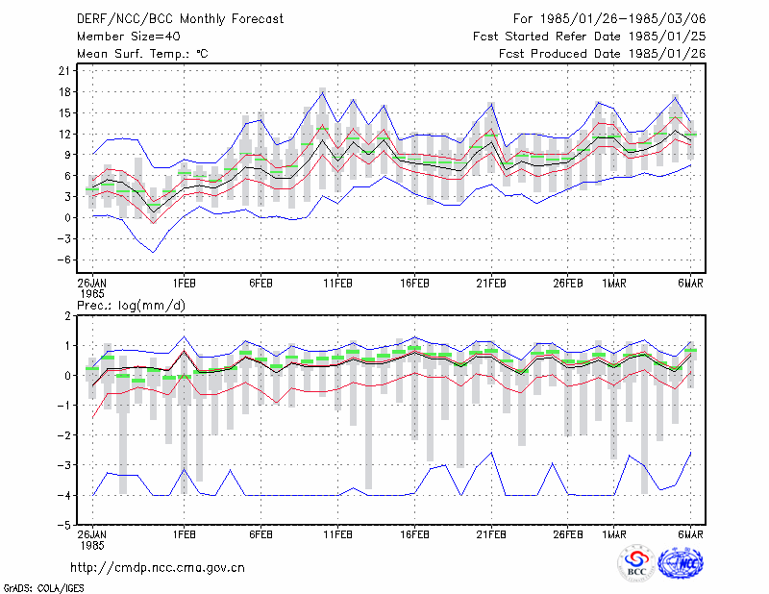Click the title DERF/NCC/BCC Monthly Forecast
pyautogui.click(x=180, y=19)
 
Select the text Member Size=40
pyautogui.click(x=129, y=37)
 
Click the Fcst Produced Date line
pyautogui.click(x=603, y=54)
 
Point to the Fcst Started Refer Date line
pyautogui.click(x=589, y=37)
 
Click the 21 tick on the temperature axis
pyautogui.click(x=64, y=71)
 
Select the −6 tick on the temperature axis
pyautogui.click(x=64, y=260)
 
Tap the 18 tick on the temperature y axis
pyautogui.click(x=64, y=92)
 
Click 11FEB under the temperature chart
pyautogui.click(x=337, y=284)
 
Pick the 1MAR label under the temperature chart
pyautogui.click(x=614, y=284)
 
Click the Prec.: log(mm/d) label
pyautogui.click(x=131, y=306)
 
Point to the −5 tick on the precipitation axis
pyautogui.click(x=64, y=526)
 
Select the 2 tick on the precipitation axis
pyautogui.click(x=67, y=316)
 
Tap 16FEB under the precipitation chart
pyautogui.click(x=414, y=534)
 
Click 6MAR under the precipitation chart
pyautogui.click(x=690, y=534)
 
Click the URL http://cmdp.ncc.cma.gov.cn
pyautogui.click(x=158, y=568)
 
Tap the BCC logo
pyautogui.click(x=636, y=563)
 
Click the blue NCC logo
pyautogui.click(x=681, y=563)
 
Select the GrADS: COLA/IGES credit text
pyautogui.click(x=43, y=588)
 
